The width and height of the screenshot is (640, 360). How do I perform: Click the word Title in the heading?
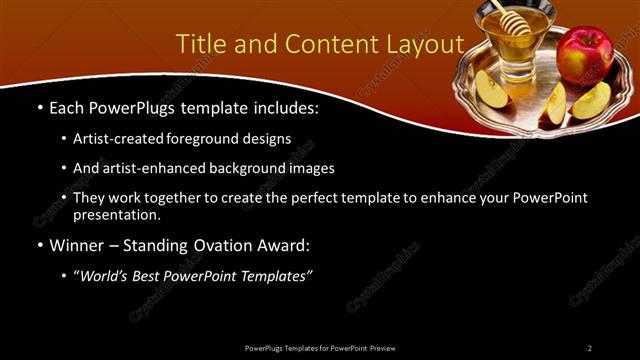(x=200, y=44)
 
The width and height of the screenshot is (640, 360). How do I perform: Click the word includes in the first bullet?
(x=283, y=106)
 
